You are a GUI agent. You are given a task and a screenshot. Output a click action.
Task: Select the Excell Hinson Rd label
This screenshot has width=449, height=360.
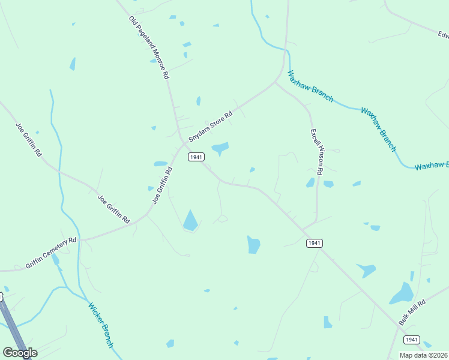coord(317,152)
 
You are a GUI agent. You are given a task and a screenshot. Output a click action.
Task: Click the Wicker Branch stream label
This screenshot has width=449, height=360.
coord(100,325)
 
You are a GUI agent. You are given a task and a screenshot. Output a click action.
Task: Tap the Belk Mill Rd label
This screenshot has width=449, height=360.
coord(412,313)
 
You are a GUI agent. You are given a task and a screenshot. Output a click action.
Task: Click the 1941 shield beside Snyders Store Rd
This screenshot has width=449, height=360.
coord(196,157)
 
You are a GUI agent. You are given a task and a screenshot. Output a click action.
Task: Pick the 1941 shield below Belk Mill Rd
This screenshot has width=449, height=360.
coord(411,340)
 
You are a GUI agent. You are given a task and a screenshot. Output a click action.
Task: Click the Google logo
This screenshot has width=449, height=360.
coord(20,352)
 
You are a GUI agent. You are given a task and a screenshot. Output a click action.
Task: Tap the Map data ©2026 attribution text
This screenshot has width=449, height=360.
coord(424,355)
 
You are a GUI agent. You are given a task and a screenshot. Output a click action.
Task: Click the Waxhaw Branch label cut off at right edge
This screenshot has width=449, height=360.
coord(432,165)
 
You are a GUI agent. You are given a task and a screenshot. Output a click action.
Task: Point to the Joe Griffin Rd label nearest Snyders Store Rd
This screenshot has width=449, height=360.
coord(163,185)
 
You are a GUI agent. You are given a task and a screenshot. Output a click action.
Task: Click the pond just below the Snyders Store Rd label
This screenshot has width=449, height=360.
coord(220,148)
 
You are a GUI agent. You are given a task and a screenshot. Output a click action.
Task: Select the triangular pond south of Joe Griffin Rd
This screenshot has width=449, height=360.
coord(190,221)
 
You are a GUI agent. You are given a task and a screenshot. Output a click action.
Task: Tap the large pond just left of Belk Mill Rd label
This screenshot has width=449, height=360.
coord(402,294)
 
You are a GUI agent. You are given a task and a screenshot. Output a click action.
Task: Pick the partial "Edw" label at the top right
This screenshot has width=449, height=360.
coord(443,35)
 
